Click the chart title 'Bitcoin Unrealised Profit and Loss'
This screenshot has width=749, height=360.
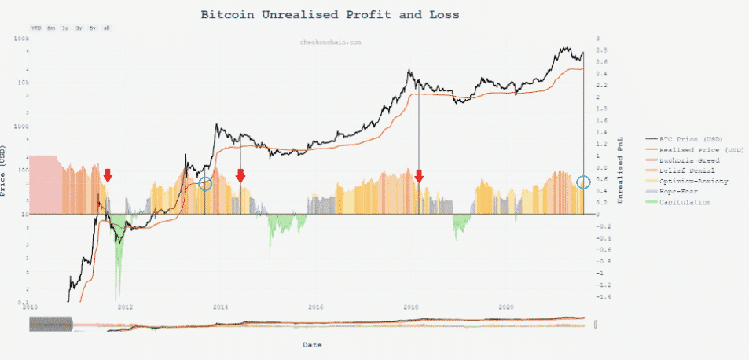pyautogui.click(x=329, y=15)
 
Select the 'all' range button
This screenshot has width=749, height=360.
pyautogui.click(x=106, y=28)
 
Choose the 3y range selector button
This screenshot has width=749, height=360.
pyautogui.click(x=79, y=28)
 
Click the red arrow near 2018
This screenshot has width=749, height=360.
pyautogui.click(x=419, y=175)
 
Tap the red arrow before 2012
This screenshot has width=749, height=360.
pyautogui.click(x=108, y=174)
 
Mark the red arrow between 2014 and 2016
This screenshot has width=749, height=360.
pyautogui.click(x=240, y=175)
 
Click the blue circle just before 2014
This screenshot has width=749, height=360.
pyautogui.click(x=205, y=184)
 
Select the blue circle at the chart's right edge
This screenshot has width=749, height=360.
pyautogui.click(x=583, y=182)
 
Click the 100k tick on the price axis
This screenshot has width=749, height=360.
pyautogui.click(x=22, y=38)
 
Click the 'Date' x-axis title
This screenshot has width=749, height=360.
pyautogui.click(x=312, y=344)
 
